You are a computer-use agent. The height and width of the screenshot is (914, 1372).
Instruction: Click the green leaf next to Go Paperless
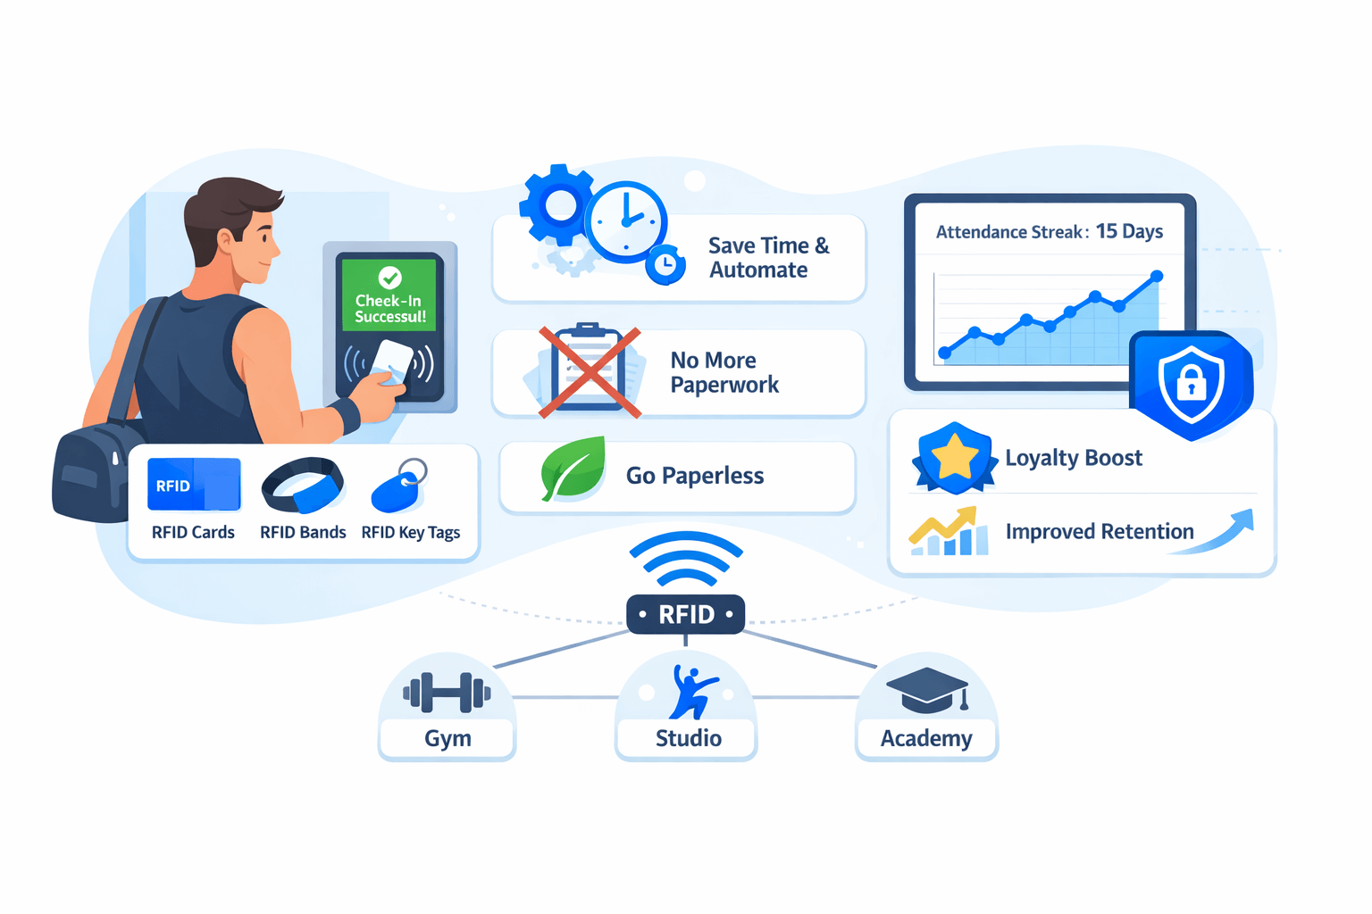coord(573,469)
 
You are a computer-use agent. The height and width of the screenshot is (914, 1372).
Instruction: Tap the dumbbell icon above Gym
coord(447,693)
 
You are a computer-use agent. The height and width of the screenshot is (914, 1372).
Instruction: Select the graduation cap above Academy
coord(927,689)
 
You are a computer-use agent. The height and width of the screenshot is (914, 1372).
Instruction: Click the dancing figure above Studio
coord(691,693)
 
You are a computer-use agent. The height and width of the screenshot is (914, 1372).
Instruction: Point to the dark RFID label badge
coord(685,614)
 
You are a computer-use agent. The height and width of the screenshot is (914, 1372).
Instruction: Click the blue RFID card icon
coord(194,485)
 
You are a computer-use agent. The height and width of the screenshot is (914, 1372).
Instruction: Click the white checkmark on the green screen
coord(390,277)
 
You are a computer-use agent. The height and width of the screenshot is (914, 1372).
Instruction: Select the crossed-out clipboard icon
coord(589,371)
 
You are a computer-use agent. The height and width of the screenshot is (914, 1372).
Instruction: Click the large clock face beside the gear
coord(627,221)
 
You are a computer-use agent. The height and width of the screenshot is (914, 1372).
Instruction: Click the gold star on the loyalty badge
coord(954,456)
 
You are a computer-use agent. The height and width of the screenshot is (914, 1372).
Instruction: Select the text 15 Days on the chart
coord(1129,231)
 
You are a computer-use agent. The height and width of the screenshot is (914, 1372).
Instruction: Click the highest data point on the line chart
coord(1157,277)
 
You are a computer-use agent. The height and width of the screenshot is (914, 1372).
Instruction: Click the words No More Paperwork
coord(724,372)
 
